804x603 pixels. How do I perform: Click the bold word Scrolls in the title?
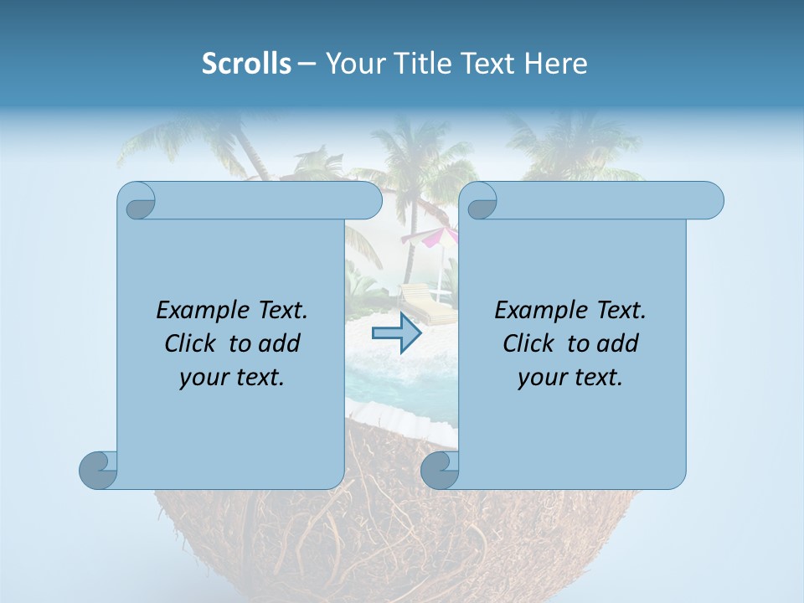246,64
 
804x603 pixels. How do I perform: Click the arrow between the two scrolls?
397,333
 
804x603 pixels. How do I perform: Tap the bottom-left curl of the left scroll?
98,470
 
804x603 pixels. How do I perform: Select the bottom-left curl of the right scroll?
440,470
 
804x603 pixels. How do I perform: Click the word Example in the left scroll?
200,311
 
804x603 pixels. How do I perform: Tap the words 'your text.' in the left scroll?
232,377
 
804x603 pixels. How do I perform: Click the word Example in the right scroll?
539,311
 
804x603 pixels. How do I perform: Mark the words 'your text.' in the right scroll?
570,377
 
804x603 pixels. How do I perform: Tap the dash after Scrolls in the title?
307,64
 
